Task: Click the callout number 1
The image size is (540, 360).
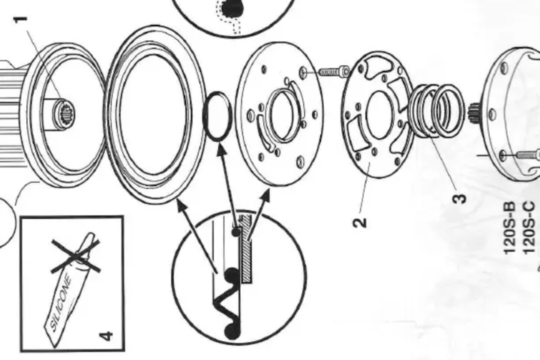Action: (x=21, y=19)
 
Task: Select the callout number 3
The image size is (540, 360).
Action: (x=460, y=199)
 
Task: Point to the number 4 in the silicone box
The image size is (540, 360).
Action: (x=106, y=335)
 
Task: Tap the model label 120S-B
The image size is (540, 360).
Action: (x=510, y=228)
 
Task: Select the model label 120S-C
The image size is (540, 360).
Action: (x=529, y=228)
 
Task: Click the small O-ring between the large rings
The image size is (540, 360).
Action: (x=217, y=115)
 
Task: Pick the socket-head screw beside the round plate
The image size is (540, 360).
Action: (x=331, y=72)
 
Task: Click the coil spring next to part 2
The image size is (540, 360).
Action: (x=436, y=110)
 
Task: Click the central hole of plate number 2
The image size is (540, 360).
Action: (x=379, y=115)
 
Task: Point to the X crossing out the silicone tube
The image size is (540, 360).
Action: (x=76, y=256)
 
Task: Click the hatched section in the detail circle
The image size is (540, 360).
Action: (x=246, y=249)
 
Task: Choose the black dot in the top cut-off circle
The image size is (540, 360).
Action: (x=232, y=7)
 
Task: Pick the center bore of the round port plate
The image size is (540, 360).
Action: (x=282, y=115)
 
